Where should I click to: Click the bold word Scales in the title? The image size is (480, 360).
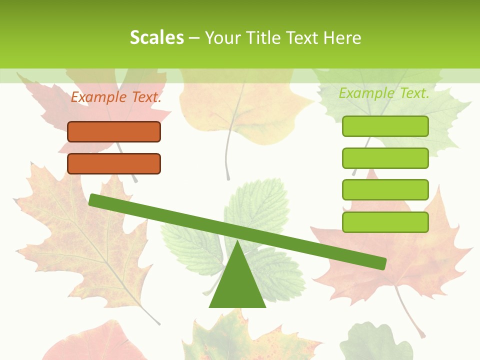[x=156, y=37]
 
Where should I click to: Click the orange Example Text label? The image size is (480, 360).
[x=116, y=97]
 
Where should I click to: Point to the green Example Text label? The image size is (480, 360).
[x=384, y=93]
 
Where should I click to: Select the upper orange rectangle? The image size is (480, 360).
[x=114, y=131]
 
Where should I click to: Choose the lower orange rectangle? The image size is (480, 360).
[x=114, y=163]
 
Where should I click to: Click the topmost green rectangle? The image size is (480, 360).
[x=385, y=126]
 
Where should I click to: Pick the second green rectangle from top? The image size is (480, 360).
[x=385, y=158]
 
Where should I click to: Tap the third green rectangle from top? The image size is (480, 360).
[x=385, y=189]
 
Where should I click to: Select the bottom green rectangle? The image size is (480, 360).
[x=385, y=222]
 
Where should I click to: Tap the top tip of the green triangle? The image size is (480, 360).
[x=237, y=241]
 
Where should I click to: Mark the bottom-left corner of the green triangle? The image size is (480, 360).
[x=210, y=306]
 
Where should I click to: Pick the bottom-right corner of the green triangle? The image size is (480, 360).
[x=265, y=306]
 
